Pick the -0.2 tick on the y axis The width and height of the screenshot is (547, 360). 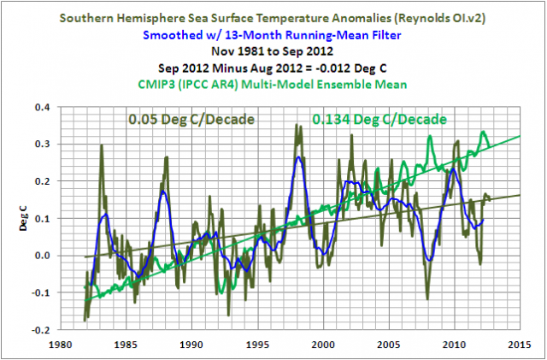tap(41, 329)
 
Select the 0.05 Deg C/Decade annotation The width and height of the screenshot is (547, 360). tap(191, 118)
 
